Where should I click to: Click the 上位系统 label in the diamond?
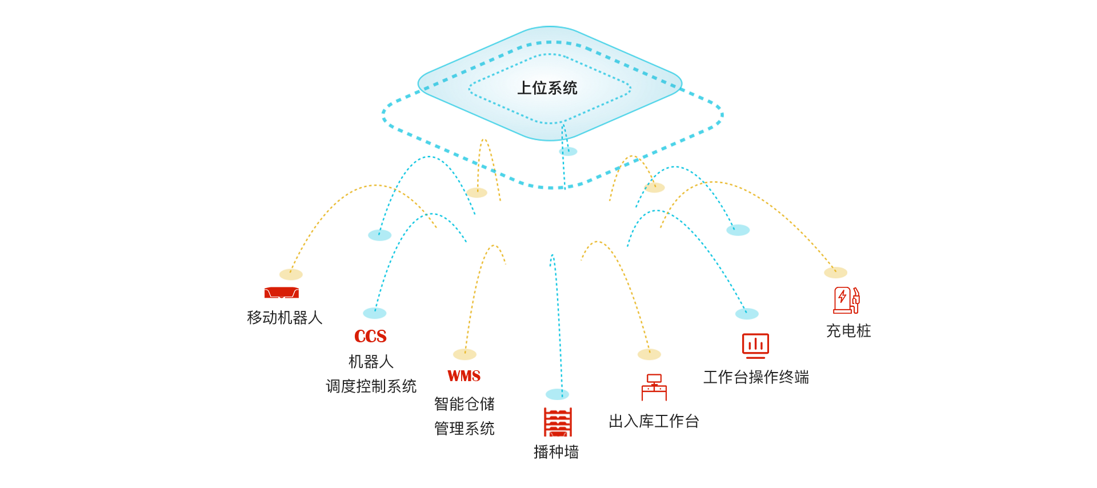[547, 88]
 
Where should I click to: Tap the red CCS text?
[370, 336]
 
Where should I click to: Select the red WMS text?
[463, 376]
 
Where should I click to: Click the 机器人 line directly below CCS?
[371, 362]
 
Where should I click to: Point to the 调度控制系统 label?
[371, 386]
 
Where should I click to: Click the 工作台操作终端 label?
[755, 377]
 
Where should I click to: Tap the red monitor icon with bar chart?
[755, 345]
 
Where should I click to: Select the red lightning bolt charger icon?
[846, 300]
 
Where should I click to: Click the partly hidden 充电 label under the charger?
[848, 331]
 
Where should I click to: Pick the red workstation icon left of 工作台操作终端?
[654, 387]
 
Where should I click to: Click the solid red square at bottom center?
[558, 422]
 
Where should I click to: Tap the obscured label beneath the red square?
[556, 452]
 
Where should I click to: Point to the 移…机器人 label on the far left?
[285, 318]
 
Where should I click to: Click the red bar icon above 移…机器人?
[281, 293]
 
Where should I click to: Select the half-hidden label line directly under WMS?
[464, 404]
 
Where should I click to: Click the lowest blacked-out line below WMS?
[464, 428]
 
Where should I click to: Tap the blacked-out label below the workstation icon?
[654, 422]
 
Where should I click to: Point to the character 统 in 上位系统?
[570, 88]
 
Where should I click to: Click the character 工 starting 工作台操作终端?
[710, 377]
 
